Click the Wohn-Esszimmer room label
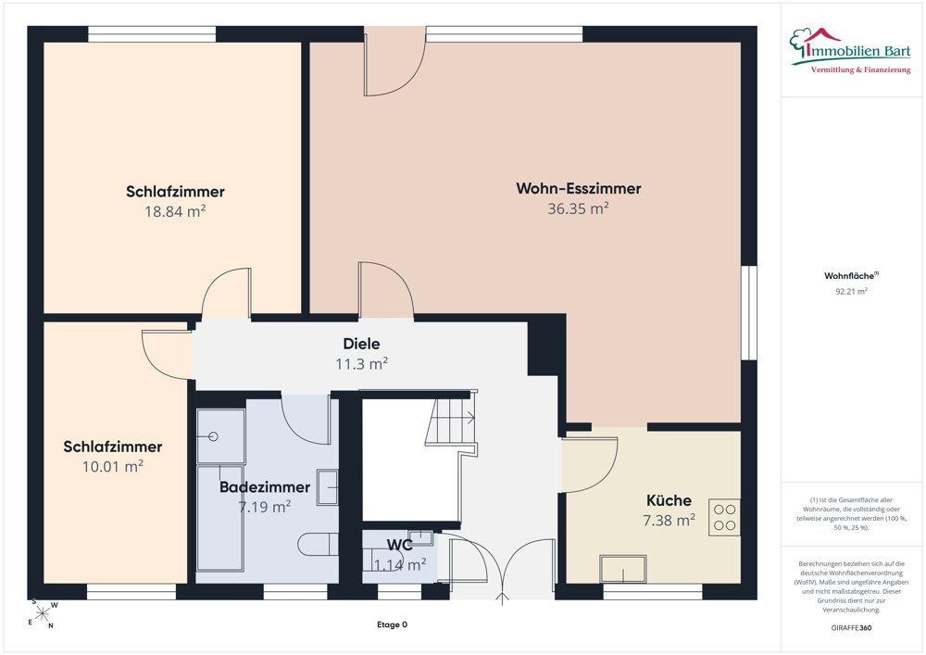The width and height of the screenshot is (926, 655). click(578, 188)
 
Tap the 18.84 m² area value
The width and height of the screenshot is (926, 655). click(175, 211)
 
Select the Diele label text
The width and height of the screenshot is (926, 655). click(361, 344)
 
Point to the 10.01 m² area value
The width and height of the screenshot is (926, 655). click(113, 467)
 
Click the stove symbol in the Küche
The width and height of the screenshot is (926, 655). click(725, 517)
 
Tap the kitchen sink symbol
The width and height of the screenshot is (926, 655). click(623, 569)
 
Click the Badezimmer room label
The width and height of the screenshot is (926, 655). click(265, 487)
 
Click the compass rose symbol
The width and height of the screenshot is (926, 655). click(43, 614)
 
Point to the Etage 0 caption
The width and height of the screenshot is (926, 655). click(392, 624)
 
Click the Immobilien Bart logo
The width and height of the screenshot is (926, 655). click(851, 51)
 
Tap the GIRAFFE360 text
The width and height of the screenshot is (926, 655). click(851, 628)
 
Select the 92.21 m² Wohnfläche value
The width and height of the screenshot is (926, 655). click(851, 291)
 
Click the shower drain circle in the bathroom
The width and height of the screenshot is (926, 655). click(213, 436)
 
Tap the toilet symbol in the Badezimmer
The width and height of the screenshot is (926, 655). click(319, 544)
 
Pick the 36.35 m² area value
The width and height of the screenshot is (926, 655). click(578, 208)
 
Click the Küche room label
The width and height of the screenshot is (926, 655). click(669, 501)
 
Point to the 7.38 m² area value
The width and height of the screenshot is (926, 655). click(669, 521)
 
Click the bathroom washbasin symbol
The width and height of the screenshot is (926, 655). click(328, 487)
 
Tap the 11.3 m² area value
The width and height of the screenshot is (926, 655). click(361, 364)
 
